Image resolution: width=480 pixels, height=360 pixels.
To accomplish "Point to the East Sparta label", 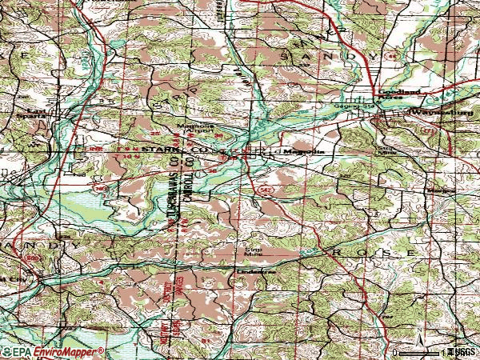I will (x=37, y=112).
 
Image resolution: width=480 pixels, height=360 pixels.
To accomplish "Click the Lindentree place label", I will (x=256, y=271).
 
